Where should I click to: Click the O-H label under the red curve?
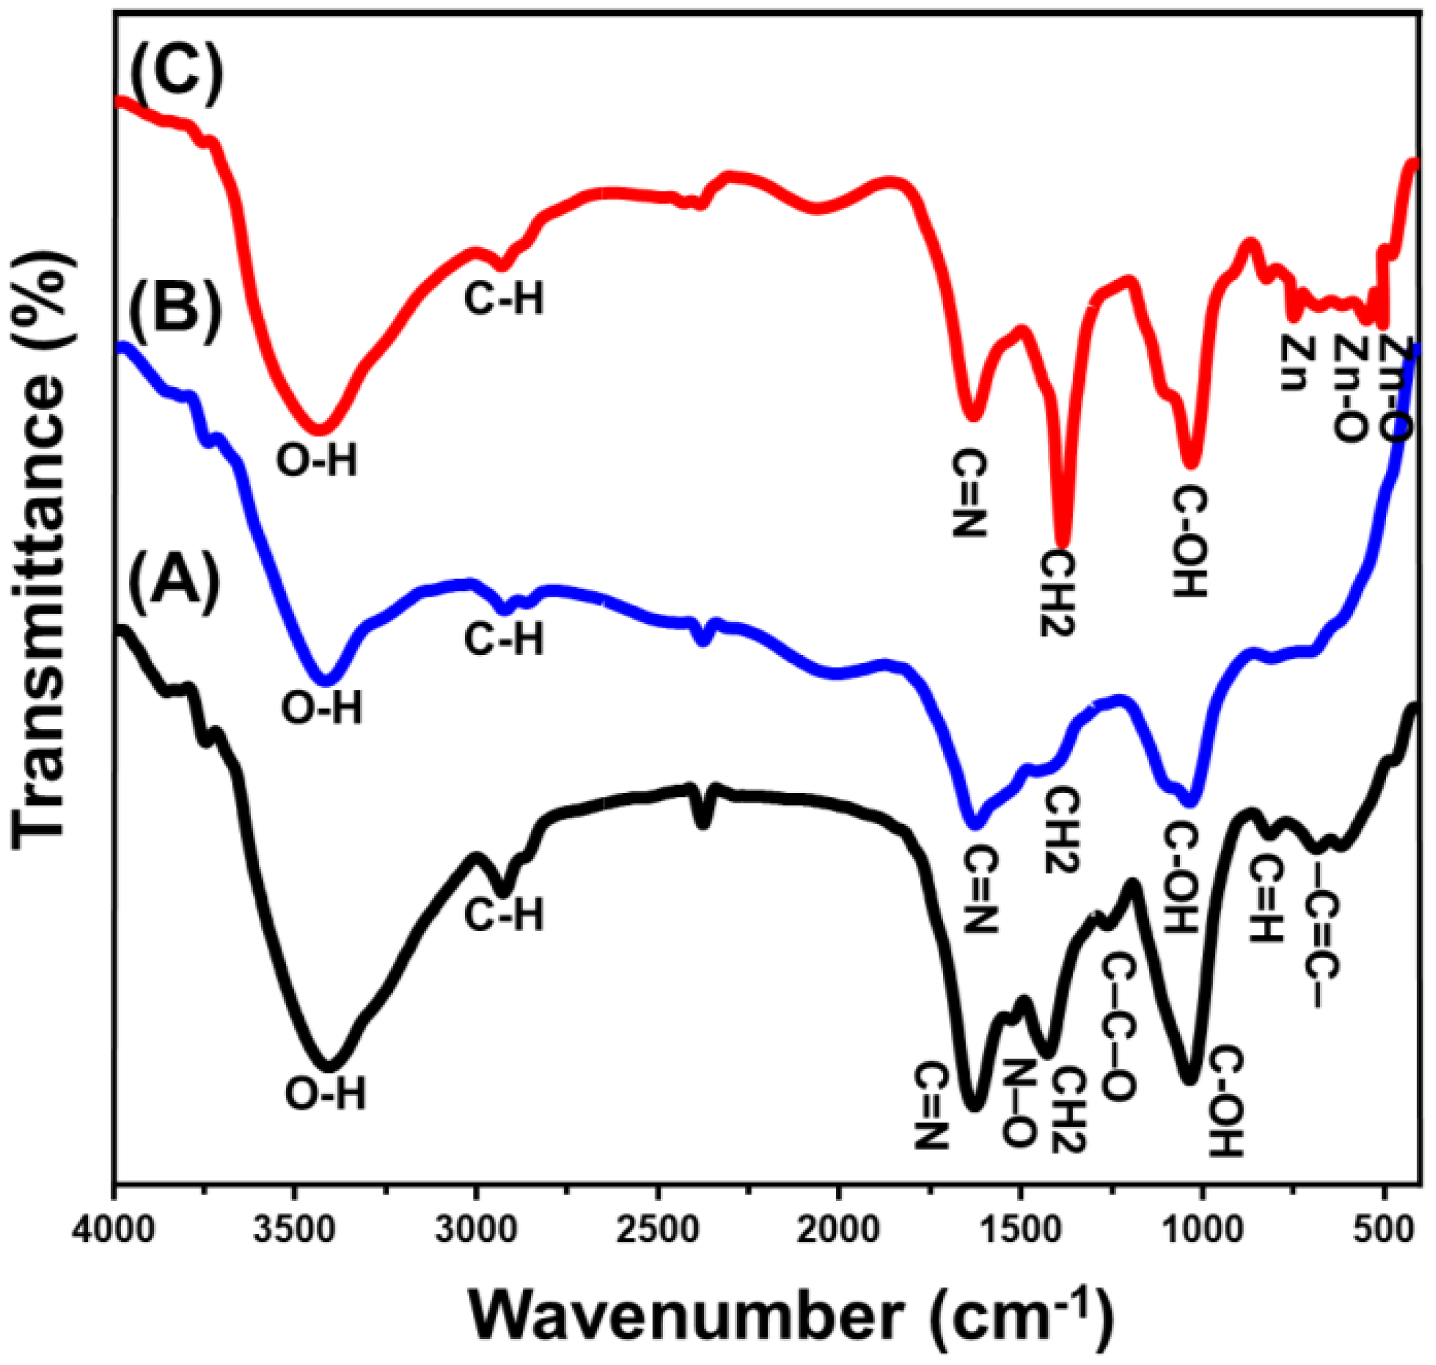(x=317, y=461)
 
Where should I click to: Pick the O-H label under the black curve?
(x=325, y=1094)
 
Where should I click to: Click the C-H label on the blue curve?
(x=504, y=640)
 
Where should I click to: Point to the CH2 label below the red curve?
(x=1057, y=593)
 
